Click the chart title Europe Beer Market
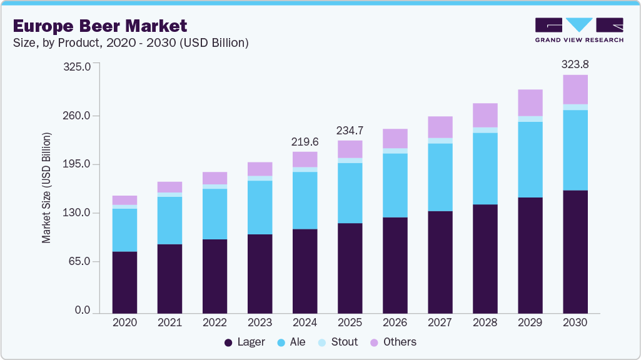100,26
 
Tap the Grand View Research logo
579,30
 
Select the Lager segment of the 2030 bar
575,251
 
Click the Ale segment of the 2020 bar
124,229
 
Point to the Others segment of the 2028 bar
485,115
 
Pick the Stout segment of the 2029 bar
530,119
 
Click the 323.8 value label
575,64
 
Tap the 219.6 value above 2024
305,142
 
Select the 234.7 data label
350,131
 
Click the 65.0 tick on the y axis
80,261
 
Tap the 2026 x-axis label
395,323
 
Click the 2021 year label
169,323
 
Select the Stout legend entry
338,342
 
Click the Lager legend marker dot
228,342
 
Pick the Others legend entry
393,342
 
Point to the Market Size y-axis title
47,187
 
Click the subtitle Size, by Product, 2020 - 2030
131,43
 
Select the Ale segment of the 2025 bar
350,192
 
